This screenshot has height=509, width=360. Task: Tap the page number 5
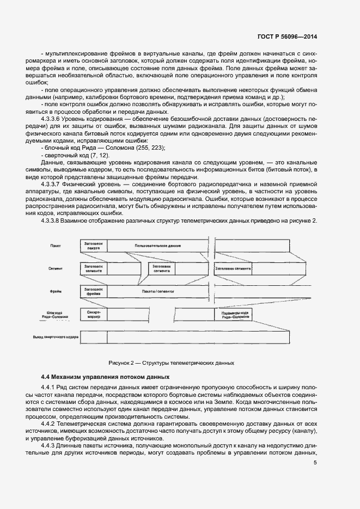point(315,463)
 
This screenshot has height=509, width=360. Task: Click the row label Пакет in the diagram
point(55,247)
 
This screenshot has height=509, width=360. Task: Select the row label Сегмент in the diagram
point(56,269)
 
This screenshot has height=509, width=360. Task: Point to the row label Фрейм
point(55,292)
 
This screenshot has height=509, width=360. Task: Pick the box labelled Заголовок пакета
point(93,247)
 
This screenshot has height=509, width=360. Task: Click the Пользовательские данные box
point(158,247)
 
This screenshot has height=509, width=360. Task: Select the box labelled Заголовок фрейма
point(93,292)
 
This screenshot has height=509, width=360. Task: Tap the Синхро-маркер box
point(93,315)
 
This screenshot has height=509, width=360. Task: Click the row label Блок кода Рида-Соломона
point(53,315)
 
